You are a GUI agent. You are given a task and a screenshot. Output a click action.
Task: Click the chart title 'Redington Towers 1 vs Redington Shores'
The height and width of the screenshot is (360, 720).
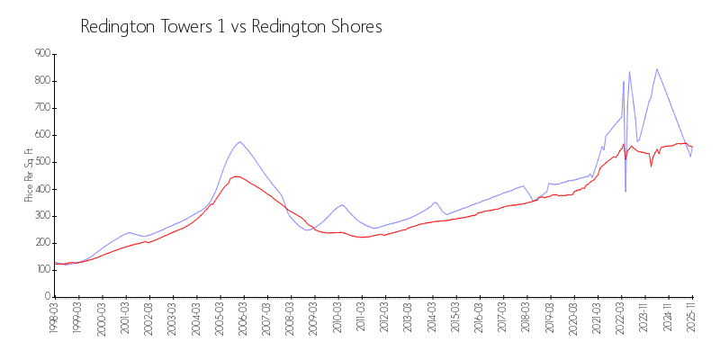coord(231,27)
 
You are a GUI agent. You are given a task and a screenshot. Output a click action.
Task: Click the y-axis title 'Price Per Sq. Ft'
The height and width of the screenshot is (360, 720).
coord(29,175)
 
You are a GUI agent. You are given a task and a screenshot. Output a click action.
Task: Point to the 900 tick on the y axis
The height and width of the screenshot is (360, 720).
coord(41,54)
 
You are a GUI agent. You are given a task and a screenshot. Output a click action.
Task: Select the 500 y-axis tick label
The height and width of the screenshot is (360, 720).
coord(41,162)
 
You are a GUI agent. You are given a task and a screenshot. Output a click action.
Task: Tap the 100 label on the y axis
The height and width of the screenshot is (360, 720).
coord(41,270)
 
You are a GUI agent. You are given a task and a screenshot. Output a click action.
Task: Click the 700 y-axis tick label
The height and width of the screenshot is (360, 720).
coord(41,108)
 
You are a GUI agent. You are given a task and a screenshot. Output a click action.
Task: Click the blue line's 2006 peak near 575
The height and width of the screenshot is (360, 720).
coord(239,141)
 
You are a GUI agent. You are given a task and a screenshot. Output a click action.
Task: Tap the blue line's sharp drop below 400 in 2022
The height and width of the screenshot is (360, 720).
coord(625,191)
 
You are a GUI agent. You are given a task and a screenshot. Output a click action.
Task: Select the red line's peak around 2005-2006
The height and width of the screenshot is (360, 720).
coord(235,176)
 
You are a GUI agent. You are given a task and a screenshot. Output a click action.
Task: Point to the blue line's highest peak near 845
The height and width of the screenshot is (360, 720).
coord(657,69)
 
